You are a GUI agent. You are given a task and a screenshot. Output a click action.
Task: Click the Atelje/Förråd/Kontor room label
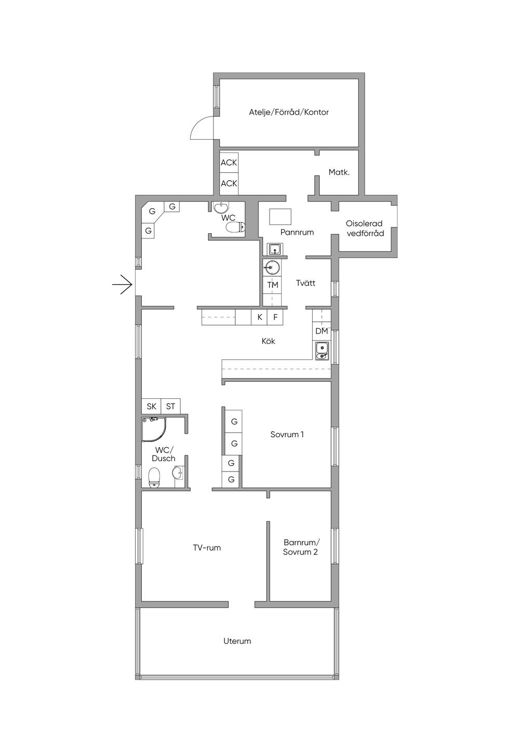[288, 112]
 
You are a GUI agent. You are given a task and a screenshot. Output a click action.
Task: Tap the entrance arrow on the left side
[122, 285]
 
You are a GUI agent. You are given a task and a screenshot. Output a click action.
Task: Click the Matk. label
[339, 172]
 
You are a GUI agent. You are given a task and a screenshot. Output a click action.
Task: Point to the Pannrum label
[297, 232]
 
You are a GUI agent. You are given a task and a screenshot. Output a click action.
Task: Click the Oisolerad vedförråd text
[365, 229]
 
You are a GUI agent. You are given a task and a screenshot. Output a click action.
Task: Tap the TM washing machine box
[273, 285]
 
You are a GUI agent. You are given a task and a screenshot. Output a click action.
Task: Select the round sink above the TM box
[272, 267]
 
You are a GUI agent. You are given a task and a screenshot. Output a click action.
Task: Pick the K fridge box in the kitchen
[259, 317]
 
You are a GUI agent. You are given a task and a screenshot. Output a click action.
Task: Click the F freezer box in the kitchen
[275, 317]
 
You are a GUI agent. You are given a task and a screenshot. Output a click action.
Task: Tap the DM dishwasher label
[322, 331]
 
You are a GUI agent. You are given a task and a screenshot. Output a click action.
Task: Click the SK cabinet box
[151, 406]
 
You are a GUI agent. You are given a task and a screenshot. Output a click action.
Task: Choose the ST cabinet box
[170, 406]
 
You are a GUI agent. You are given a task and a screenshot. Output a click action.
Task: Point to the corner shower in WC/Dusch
[154, 429]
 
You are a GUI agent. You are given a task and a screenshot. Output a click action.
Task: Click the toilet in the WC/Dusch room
[154, 477]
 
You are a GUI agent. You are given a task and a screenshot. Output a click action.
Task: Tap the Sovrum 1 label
[287, 434]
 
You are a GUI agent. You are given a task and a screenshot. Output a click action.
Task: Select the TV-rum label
[207, 548]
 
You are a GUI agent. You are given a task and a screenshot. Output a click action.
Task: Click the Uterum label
[237, 641]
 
